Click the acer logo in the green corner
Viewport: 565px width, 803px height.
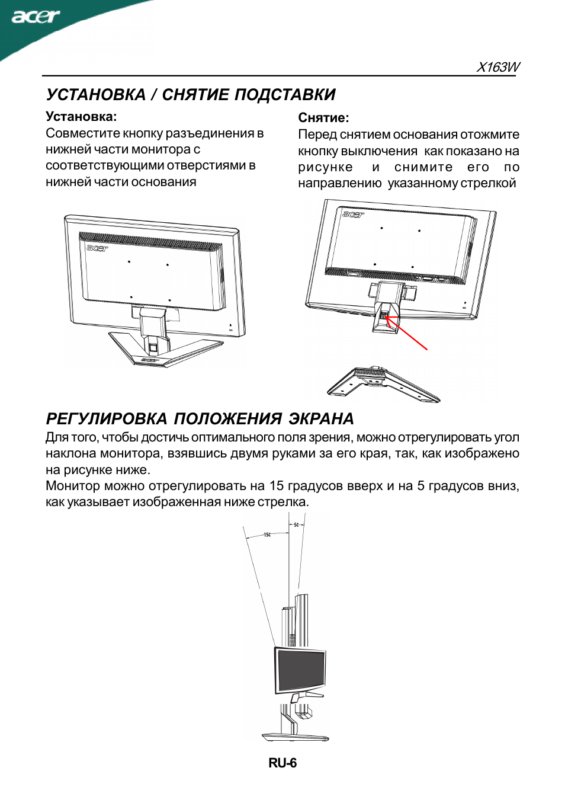tap(36, 16)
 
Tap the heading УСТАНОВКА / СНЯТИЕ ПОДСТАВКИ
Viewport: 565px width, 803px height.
tap(191, 95)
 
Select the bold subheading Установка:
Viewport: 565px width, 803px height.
tap(81, 117)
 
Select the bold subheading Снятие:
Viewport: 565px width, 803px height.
tap(323, 118)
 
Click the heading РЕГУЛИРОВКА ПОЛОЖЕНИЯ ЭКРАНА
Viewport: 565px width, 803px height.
tap(200, 419)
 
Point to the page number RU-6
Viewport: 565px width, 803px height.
tap(282, 763)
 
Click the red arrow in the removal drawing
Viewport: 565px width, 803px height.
tap(407, 334)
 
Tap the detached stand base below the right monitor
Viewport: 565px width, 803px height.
tap(383, 384)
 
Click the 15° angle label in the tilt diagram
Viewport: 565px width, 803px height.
tap(267, 535)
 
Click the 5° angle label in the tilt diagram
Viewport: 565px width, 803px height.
tap(296, 525)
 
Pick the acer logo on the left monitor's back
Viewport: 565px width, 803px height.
tap(97, 248)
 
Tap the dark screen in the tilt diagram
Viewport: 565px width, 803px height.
tap(301, 670)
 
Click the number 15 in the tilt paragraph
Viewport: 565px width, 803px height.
tap(277, 486)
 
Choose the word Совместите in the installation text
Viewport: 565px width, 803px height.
tap(82, 133)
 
